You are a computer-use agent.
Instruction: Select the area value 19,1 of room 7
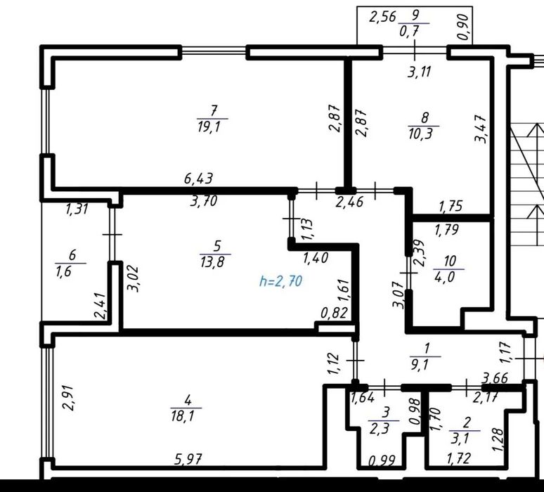click(x=213, y=127)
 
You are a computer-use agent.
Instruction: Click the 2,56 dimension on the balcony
click(x=383, y=18)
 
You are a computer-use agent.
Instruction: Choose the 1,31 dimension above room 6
click(x=77, y=209)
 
